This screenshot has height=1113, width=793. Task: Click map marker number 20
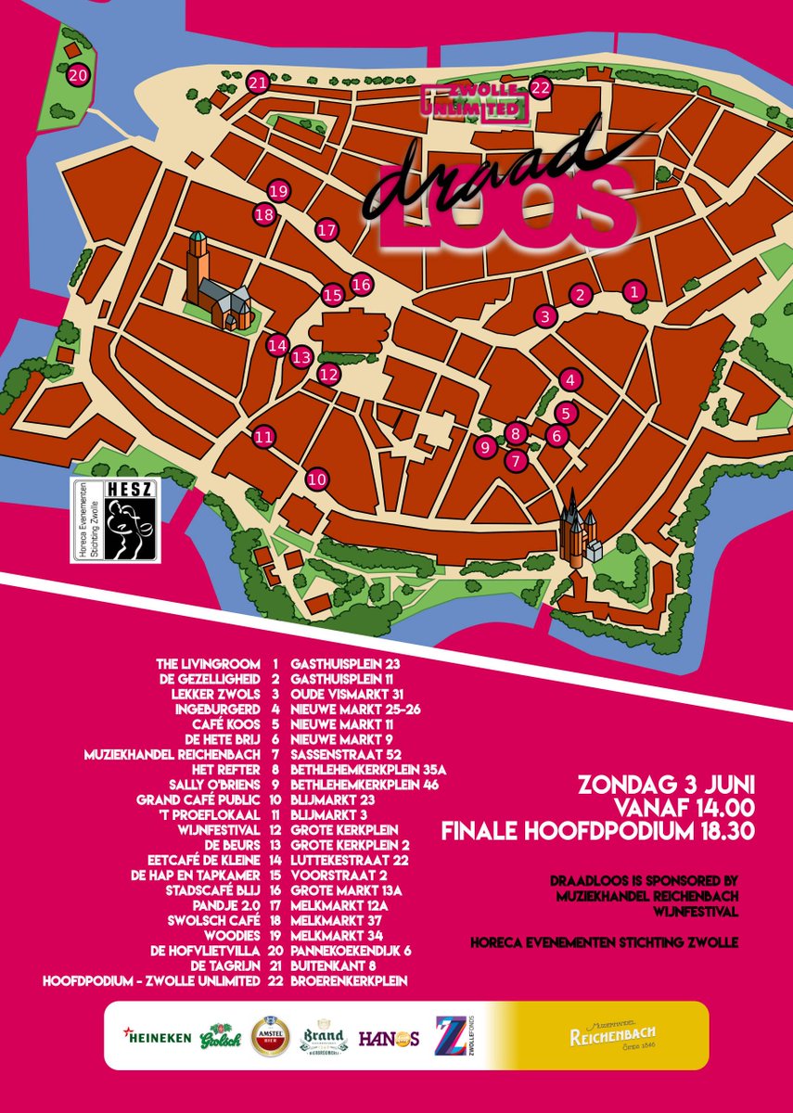click(80, 75)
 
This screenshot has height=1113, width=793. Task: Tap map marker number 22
click(541, 88)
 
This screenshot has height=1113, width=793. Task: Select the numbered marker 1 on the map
click(634, 291)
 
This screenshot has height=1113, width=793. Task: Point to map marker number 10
click(317, 480)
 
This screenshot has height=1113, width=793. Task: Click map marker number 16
click(361, 284)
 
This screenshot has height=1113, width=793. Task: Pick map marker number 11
click(264, 436)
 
